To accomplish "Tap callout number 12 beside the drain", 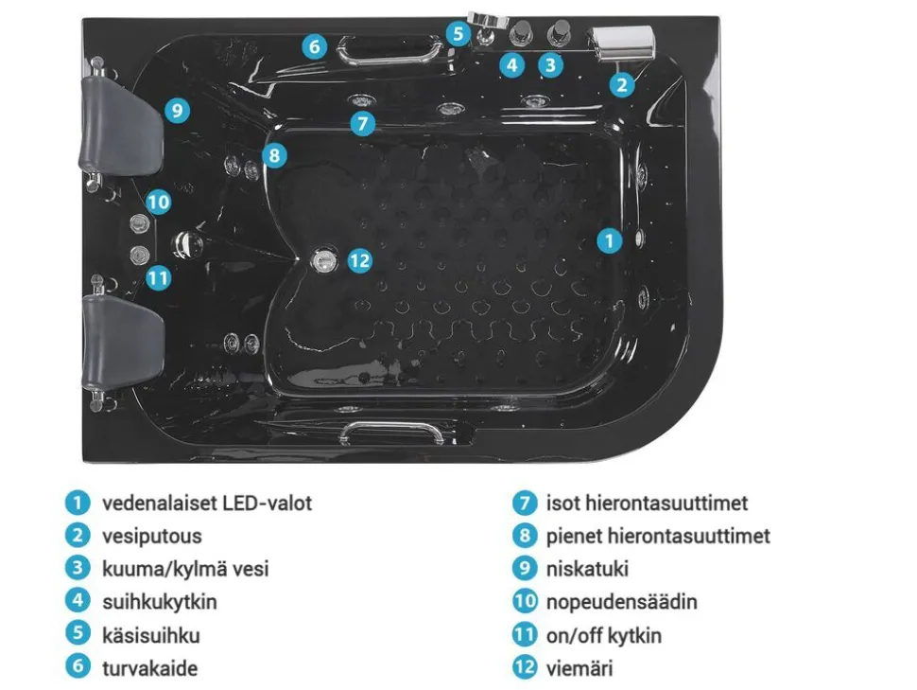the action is (x=359, y=260).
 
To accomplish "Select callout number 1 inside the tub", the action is (x=610, y=240).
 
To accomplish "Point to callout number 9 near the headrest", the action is (x=177, y=110).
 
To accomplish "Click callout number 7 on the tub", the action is (x=363, y=123).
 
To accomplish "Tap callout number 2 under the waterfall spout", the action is (x=622, y=85).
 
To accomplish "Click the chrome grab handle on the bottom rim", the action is (x=391, y=433).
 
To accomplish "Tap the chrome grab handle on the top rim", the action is (x=390, y=49).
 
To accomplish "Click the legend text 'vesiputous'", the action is (x=152, y=536).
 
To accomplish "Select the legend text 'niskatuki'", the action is (x=587, y=569).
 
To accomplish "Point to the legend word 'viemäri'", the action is (x=580, y=668).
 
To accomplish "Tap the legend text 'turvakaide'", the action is (x=149, y=668).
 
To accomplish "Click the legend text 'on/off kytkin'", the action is (x=604, y=635).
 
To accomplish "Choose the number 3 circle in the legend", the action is (x=78, y=568).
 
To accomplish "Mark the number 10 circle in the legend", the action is (x=525, y=601).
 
